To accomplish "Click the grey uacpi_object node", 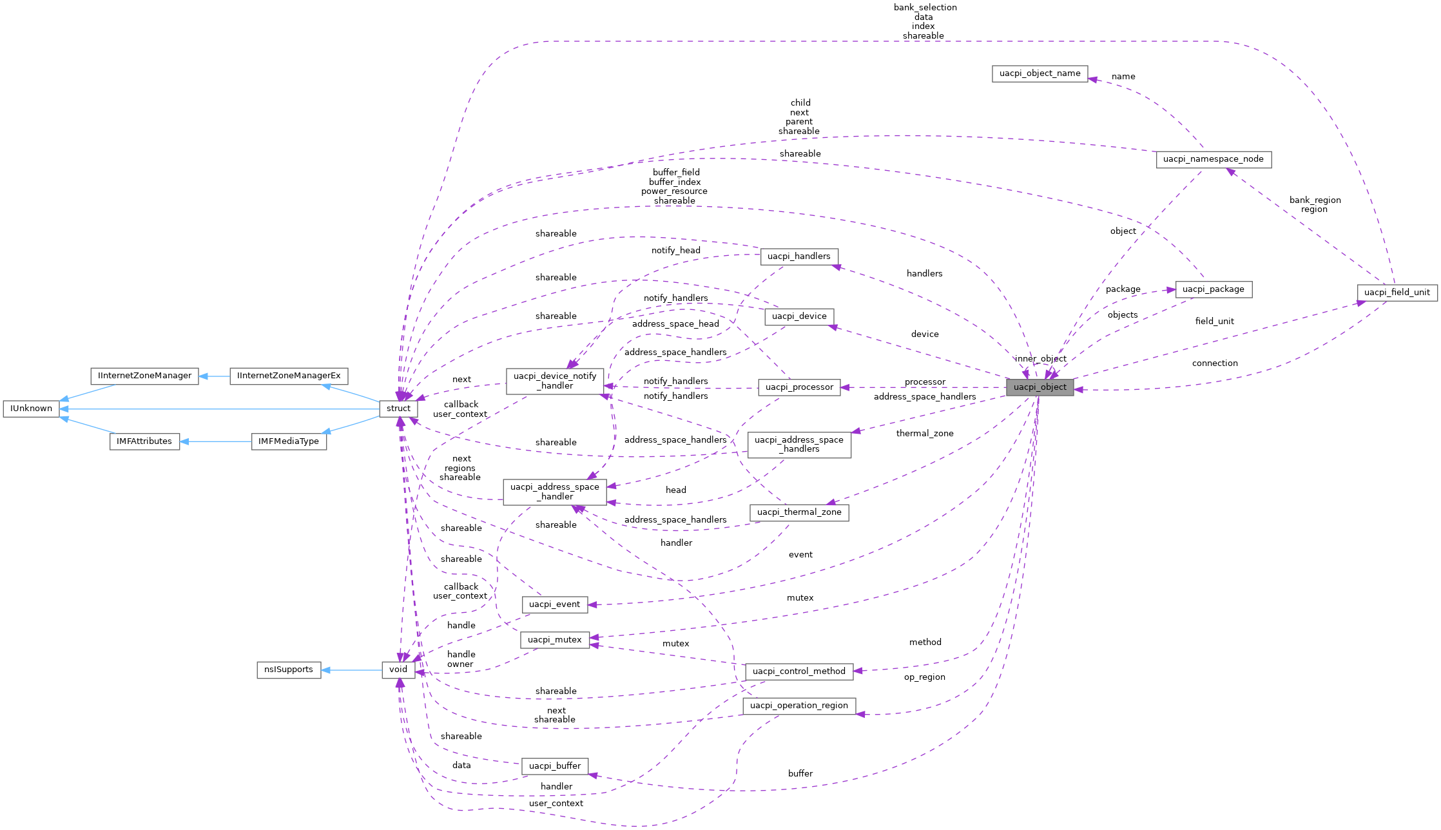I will (x=1040, y=387).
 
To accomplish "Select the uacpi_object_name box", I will (x=1040, y=73).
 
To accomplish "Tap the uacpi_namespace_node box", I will (x=1213, y=159).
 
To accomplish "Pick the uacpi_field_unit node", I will (x=1397, y=292).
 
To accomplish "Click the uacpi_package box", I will (x=1213, y=289).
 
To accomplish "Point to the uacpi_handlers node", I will (x=798, y=256).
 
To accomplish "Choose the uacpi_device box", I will (x=798, y=316).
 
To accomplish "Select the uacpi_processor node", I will (x=798, y=387).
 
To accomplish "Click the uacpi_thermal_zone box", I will (x=798, y=512).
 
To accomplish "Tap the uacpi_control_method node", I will (x=798, y=671).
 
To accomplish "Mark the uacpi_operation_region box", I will (x=798, y=706).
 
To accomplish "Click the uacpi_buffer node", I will (x=554, y=766).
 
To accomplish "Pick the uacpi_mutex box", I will (x=554, y=640).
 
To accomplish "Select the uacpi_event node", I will (x=554, y=604).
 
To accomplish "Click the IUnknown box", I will (x=31, y=409).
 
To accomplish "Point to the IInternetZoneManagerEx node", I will (x=289, y=376).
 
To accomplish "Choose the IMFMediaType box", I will (x=288, y=441).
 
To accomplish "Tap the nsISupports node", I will (x=288, y=670).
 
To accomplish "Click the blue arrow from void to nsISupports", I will (x=351, y=670).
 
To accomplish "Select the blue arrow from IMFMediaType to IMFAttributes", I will (x=215, y=441).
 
